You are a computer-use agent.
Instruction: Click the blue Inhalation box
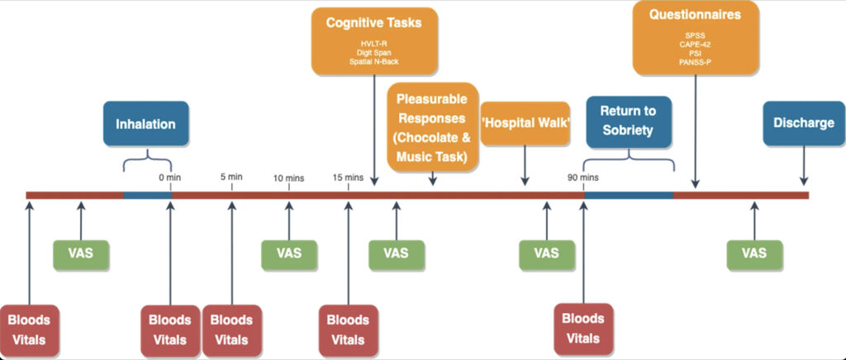tap(146, 124)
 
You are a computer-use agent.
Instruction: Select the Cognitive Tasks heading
tap(373, 22)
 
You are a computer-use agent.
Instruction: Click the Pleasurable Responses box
tap(433, 127)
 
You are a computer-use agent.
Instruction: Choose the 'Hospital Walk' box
tap(525, 124)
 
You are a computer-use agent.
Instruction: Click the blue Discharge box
tap(803, 124)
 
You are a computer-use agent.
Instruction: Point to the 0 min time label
tap(170, 177)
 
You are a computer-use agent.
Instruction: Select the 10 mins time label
tap(289, 177)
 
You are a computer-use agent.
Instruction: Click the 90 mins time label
tap(583, 177)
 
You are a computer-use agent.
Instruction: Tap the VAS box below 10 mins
tap(289, 254)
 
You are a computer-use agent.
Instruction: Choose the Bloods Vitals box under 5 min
tap(231, 330)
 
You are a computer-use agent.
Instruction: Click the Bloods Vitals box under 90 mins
tap(582, 328)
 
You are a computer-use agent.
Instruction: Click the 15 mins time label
tap(348, 177)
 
